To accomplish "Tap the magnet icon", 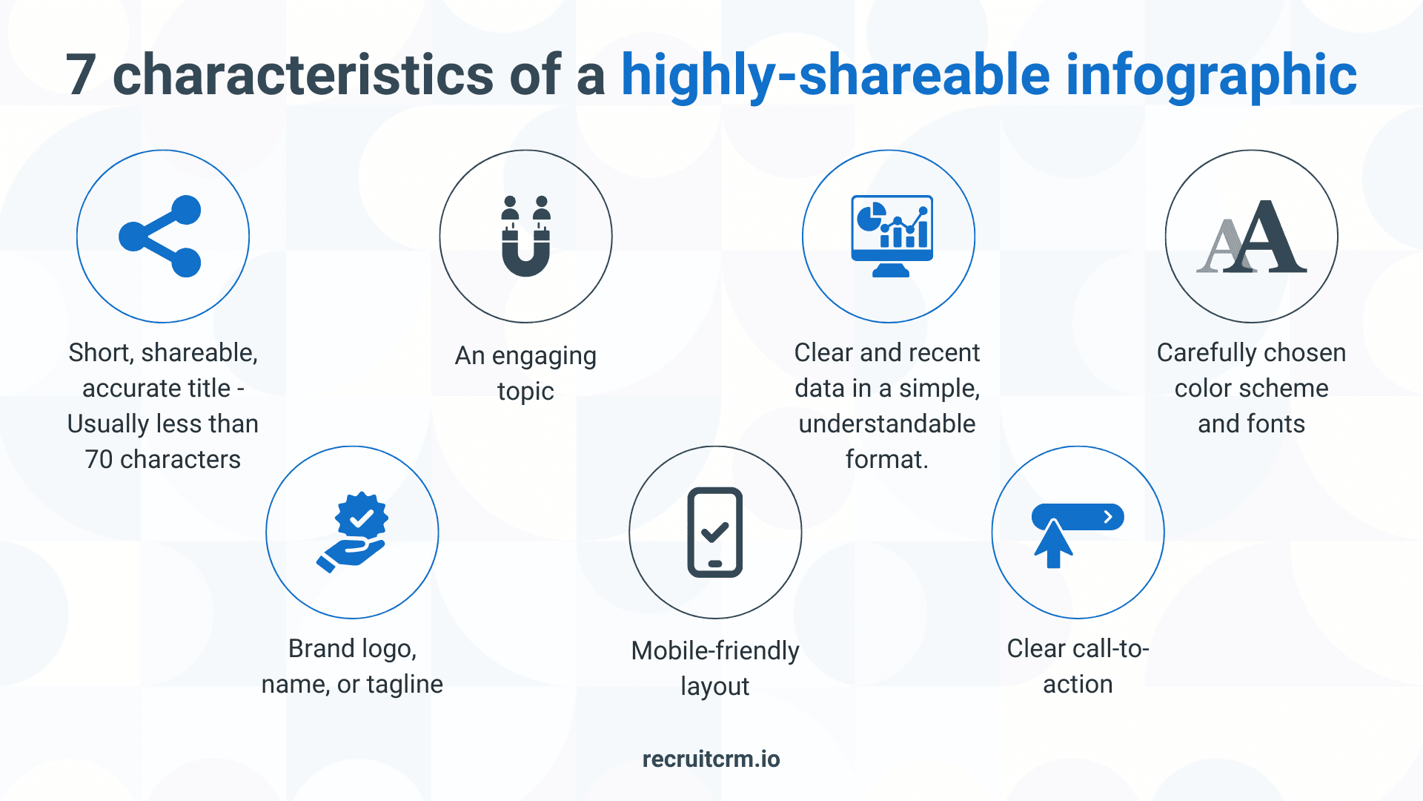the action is pyautogui.click(x=525, y=237).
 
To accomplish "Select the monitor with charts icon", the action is pyautogui.click(x=892, y=237).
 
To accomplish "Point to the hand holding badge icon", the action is pyautogui.click(x=353, y=532).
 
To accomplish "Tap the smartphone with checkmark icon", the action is pyautogui.click(x=715, y=532).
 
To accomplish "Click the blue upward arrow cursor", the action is pyautogui.click(x=1053, y=544).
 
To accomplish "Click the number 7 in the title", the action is pyautogui.click(x=81, y=75).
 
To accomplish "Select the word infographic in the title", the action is pyautogui.click(x=1211, y=75).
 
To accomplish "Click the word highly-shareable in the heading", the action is pyautogui.click(x=835, y=75).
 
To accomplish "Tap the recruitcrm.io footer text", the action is pyautogui.click(x=711, y=759).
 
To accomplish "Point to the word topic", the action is pyautogui.click(x=525, y=392).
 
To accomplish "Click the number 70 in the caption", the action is pyautogui.click(x=99, y=460).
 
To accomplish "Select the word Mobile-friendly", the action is pyautogui.click(x=715, y=650).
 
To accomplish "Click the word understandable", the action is pyautogui.click(x=887, y=423).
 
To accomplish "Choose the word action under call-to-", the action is pyautogui.click(x=1078, y=685).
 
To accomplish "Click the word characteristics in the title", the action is pyautogui.click(x=302, y=75).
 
